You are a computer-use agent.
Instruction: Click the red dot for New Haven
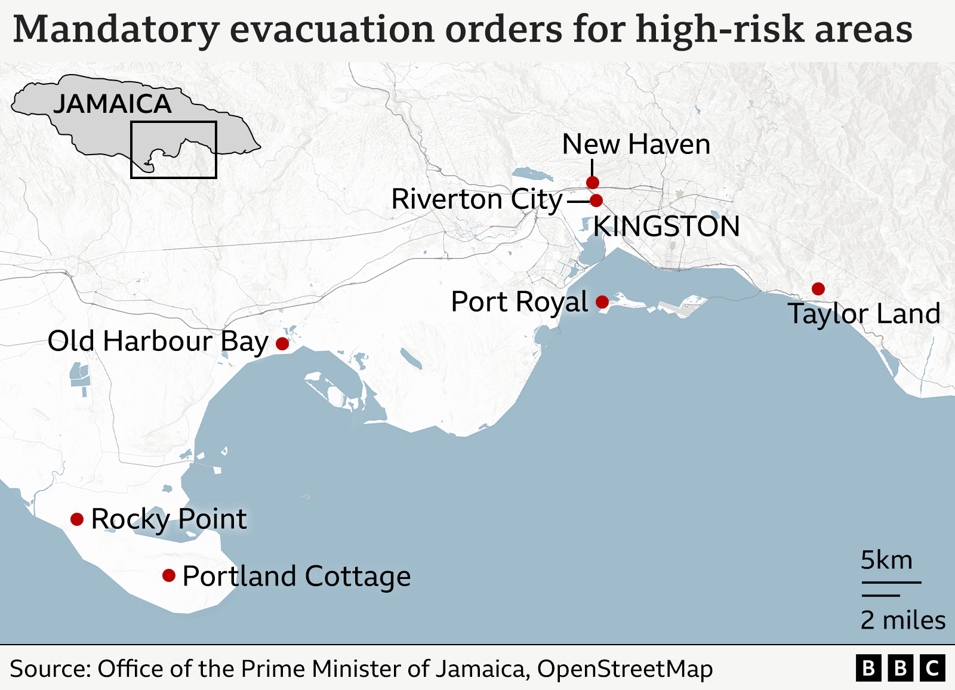coord(592,182)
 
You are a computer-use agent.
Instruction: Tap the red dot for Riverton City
coord(596,201)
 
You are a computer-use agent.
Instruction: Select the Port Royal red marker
coord(602,302)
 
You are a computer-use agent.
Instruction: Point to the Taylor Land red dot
coord(818,289)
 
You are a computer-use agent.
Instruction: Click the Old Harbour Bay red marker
coord(282,343)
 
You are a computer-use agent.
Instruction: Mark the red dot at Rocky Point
coord(77,519)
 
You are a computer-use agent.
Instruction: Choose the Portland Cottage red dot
coord(169,575)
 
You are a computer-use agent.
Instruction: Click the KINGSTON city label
coord(666,227)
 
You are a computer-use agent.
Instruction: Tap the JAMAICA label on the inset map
coord(112,104)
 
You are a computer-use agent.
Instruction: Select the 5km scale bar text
coord(886,560)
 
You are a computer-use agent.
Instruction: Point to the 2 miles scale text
coord(902,620)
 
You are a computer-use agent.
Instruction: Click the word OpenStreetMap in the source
coord(625,669)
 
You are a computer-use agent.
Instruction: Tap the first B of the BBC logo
coord(869,669)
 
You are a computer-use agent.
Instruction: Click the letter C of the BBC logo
coord(932,669)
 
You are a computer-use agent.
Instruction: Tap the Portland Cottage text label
coord(297,577)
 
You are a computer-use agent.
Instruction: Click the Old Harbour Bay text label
coord(158,342)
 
